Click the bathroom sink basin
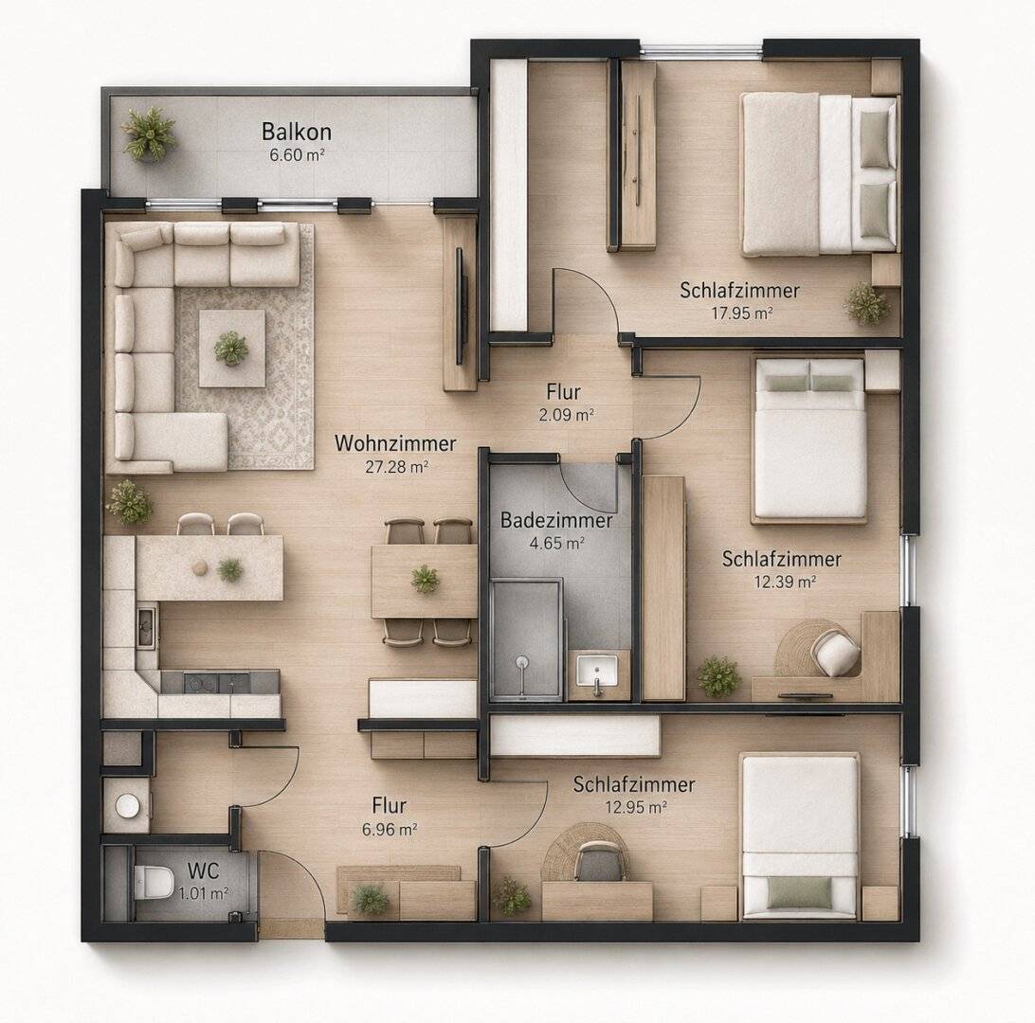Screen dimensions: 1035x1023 [597, 672]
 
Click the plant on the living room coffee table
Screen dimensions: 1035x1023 [231, 348]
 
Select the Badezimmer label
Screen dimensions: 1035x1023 [556, 520]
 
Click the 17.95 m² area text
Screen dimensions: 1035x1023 [741, 313]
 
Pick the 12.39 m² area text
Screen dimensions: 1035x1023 [785, 582]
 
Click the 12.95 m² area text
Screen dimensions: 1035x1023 [635, 807]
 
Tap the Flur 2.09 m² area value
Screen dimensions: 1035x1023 [567, 415]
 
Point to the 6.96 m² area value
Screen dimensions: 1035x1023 [389, 829]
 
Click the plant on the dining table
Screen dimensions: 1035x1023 [425, 579]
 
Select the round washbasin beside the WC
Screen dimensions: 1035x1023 [127, 805]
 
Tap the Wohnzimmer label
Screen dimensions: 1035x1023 [394, 443]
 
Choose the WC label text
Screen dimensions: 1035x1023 [203, 870]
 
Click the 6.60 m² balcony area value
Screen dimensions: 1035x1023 [297, 155]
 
